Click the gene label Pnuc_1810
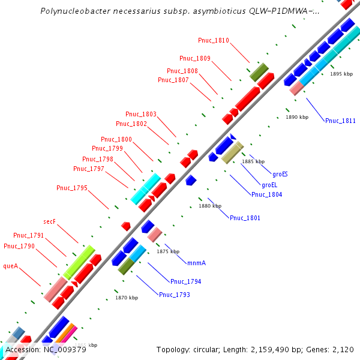[214, 40]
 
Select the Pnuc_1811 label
[340, 121]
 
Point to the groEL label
[269, 184]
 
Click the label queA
[11, 265]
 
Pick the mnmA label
[196, 263]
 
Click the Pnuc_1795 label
[72, 188]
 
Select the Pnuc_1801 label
[245, 218]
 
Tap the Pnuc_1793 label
[174, 295]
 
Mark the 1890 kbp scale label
[297, 117]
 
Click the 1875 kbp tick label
[168, 251]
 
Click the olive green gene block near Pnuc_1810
[259, 71]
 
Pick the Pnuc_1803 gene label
[141, 114]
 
